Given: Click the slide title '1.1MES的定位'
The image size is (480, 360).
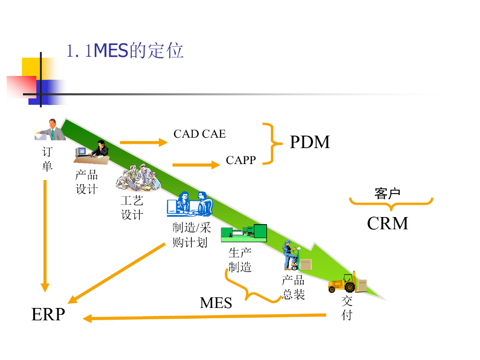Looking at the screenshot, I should [125, 51].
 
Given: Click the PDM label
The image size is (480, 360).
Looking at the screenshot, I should [310, 142].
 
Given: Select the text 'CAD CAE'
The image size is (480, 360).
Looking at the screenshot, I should [199, 134].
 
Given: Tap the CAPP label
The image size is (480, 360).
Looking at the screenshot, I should [241, 160].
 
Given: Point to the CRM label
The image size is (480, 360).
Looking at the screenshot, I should [387, 223].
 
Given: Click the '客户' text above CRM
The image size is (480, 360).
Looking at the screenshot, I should [387, 193].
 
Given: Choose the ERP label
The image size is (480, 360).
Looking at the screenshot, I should [48, 314].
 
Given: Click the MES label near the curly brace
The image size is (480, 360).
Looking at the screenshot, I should [216, 303].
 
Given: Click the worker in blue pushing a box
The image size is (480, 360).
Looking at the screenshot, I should [289, 255].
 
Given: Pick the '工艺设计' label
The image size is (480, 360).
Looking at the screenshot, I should [132, 208].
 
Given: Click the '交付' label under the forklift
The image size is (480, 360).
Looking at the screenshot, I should [347, 308].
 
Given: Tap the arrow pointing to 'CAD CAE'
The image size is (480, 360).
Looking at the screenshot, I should [143, 142].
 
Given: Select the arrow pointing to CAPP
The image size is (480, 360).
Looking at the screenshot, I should [196, 165].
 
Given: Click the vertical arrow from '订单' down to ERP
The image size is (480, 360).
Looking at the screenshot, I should [45, 234].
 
